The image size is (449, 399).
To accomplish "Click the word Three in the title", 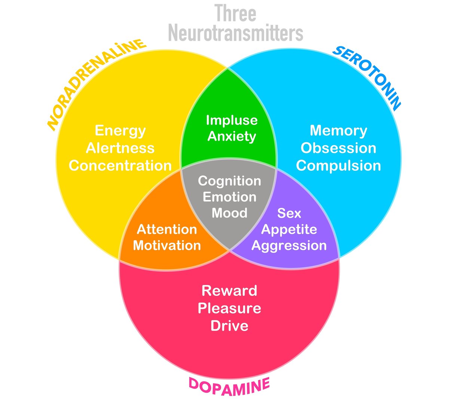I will (x=235, y=13).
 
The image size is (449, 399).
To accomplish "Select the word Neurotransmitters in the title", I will (x=235, y=33).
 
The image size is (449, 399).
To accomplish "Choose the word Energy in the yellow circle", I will (x=120, y=130).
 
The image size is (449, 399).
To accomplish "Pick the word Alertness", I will (x=120, y=148).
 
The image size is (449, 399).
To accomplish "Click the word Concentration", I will (x=120, y=165).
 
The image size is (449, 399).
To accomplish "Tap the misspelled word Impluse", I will (x=232, y=120).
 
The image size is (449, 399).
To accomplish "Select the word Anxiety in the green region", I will (x=232, y=136).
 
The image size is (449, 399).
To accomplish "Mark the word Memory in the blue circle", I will (x=338, y=130).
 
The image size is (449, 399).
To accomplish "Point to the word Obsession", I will (x=338, y=148).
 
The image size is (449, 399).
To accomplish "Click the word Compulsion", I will (x=338, y=165).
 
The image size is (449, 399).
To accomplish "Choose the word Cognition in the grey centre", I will (x=229, y=181).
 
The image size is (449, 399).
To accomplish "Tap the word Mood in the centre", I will (x=229, y=213).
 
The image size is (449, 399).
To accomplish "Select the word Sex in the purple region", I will (x=289, y=213).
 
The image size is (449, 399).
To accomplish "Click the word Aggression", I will (x=289, y=246).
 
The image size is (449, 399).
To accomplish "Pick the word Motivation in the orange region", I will (x=167, y=246).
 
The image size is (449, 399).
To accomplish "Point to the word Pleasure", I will (x=229, y=308).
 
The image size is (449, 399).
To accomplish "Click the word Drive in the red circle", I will (x=229, y=326).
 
